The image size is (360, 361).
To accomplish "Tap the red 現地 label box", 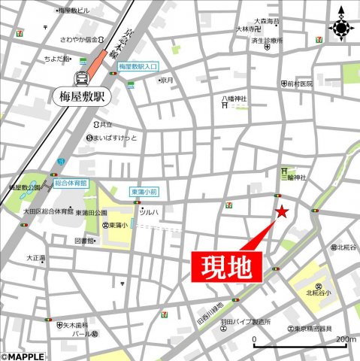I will [x=230, y=266].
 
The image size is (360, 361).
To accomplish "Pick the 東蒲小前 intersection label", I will [x=144, y=193].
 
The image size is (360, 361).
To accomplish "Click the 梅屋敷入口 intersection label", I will [x=138, y=66].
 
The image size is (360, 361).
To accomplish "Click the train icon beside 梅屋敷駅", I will [x=80, y=77].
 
